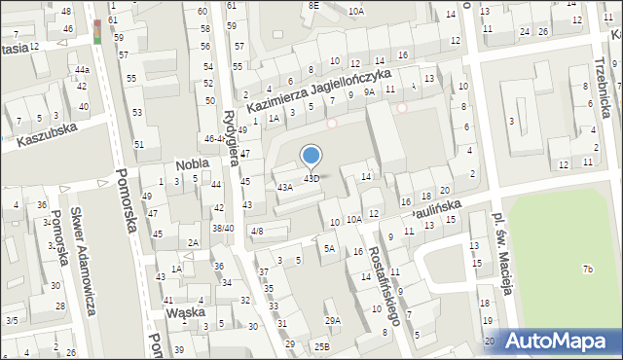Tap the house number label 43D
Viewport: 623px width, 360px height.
[x=311, y=178]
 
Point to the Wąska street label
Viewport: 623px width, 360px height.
[x=184, y=313]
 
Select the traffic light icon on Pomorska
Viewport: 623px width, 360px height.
[x=98, y=30]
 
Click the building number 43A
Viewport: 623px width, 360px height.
[x=284, y=187]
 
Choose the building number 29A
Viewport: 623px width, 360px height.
[x=333, y=320]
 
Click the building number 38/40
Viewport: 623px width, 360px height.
[x=223, y=228]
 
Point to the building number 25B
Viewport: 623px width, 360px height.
[x=321, y=345]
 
